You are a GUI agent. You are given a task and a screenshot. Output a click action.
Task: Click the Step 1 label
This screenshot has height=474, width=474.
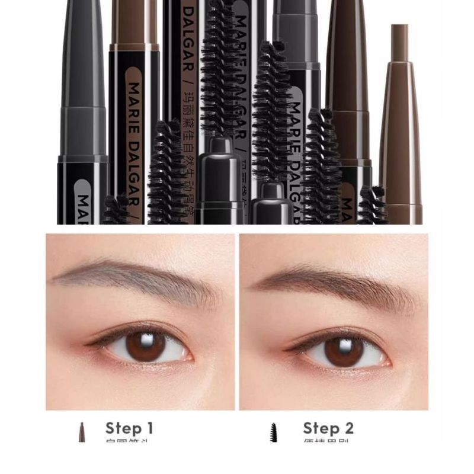point(129,428)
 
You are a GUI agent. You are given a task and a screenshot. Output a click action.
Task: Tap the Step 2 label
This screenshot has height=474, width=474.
point(328,428)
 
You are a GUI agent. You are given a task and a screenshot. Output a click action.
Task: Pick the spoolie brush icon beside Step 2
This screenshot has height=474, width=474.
point(274,432)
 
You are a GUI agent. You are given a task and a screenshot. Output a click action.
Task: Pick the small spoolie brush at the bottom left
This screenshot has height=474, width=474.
point(117,209)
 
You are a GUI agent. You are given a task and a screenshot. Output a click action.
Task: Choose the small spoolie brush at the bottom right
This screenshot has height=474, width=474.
point(372,205)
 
